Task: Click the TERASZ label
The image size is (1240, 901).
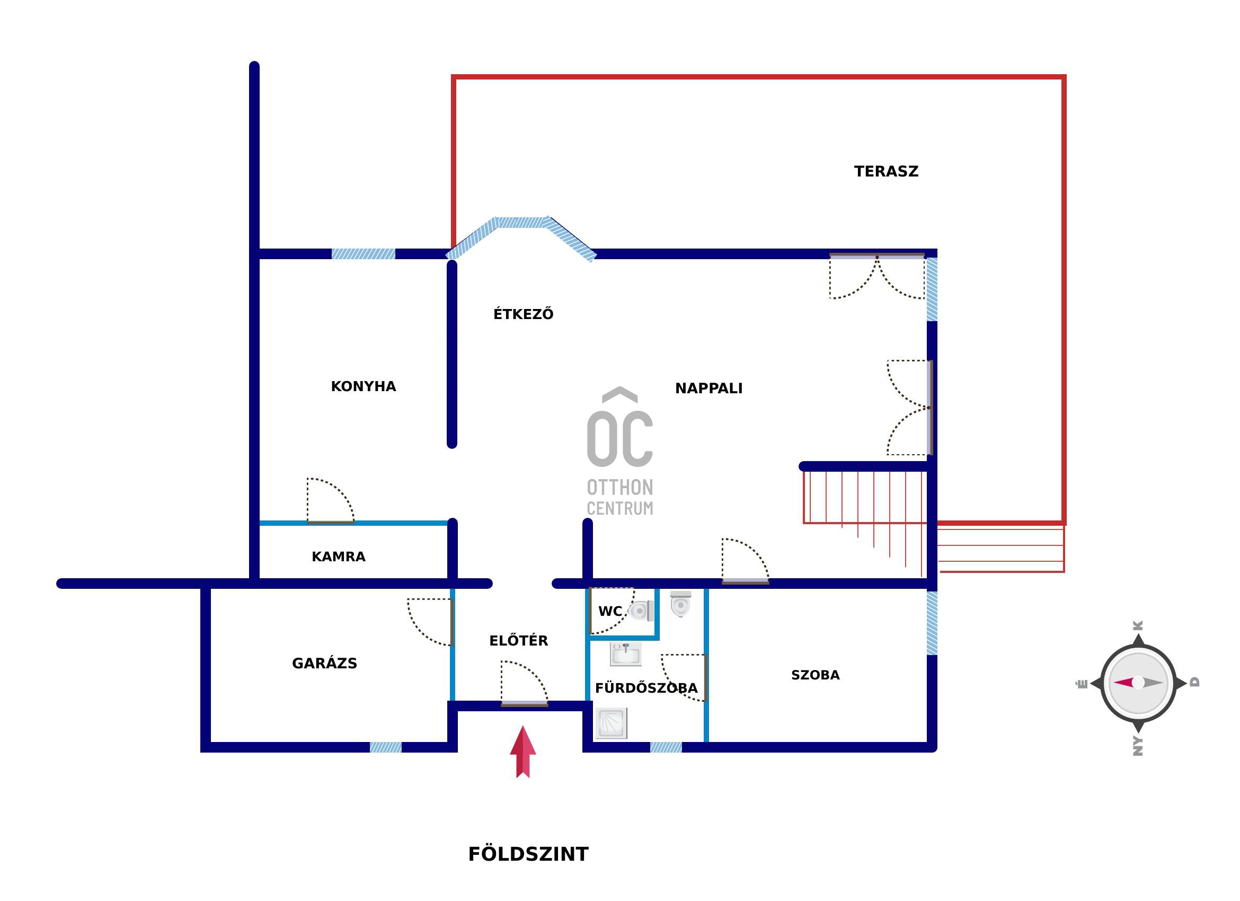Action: point(886,172)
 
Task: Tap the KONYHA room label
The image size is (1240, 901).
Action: point(364,386)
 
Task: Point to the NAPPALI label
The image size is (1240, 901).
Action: point(708,388)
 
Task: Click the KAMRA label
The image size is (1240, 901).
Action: point(339,556)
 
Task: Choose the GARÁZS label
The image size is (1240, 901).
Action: point(324,662)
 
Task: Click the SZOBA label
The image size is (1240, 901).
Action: point(815,675)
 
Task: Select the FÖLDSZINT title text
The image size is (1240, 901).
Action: point(528,853)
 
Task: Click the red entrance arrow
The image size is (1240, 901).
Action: point(522,752)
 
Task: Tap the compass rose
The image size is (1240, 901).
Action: point(1138,683)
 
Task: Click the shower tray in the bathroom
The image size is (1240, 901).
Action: point(611,723)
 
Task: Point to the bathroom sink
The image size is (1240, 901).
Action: point(625,654)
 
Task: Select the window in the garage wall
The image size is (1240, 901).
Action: point(385,747)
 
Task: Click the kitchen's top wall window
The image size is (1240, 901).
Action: point(363,254)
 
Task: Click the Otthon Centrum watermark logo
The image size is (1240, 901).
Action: point(620,451)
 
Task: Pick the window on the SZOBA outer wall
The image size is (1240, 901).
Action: point(932,623)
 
